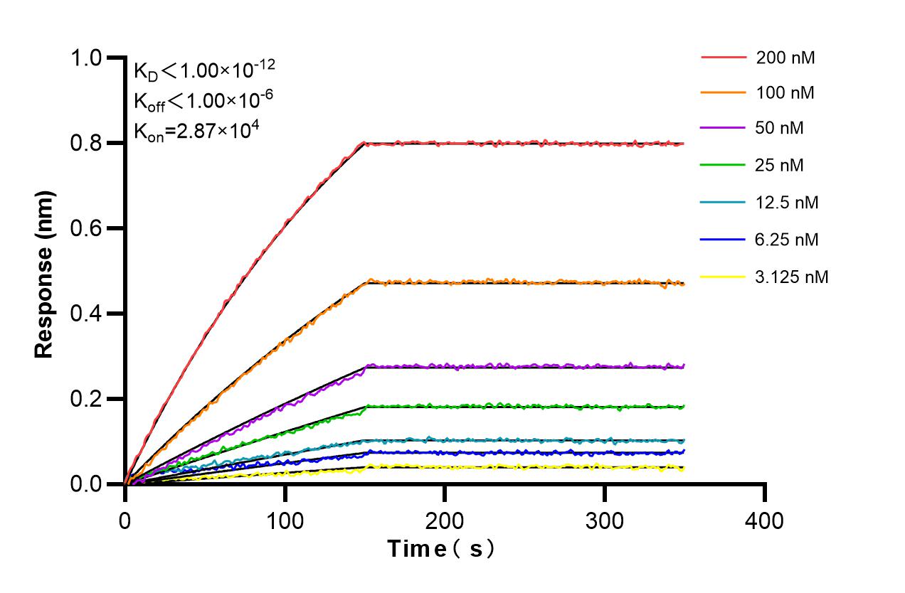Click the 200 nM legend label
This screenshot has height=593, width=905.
point(785,58)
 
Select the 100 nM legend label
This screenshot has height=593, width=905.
point(785,92)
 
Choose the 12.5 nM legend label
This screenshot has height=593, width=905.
point(788,203)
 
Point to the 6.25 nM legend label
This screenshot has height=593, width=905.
point(788,240)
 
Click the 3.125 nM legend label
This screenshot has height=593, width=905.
point(792,277)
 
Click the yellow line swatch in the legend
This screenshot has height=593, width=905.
point(724,277)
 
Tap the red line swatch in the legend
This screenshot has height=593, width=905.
point(724,57)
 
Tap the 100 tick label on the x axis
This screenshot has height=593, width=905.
point(285,521)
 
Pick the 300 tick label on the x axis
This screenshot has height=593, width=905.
point(604,521)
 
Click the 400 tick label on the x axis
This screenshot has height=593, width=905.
point(764,521)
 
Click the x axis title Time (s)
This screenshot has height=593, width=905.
point(440,549)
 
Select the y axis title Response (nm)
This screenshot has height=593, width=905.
point(44,274)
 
